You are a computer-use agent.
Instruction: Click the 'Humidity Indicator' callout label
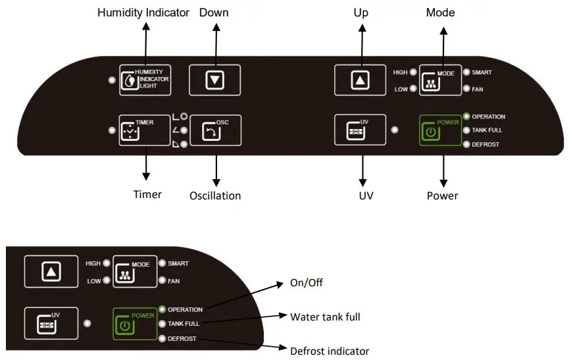pos(143,13)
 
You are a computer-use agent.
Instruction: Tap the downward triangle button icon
pos(215,80)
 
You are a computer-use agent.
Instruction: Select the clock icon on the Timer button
pos(130,131)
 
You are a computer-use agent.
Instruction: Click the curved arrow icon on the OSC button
pos(211,132)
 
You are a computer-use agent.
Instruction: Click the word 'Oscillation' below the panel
pos(215,195)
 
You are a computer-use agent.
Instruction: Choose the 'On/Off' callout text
pos(307,283)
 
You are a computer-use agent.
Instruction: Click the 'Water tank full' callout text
pos(325,317)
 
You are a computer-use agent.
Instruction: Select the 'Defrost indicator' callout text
pos(330,351)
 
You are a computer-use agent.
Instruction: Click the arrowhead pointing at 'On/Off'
pos(280,284)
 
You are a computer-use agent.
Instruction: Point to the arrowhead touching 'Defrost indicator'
pos(283,347)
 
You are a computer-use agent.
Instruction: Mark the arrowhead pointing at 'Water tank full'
pos(283,315)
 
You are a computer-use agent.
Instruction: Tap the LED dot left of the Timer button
pos(112,130)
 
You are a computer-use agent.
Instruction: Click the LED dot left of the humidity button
pos(112,80)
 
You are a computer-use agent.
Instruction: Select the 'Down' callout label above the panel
pos(214,13)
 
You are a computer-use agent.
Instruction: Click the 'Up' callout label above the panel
pos(361,13)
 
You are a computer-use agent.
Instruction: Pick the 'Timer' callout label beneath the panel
pos(147,194)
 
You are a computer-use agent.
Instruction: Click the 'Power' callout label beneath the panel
pos(443,195)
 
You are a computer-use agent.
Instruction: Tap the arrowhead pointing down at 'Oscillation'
pos(216,182)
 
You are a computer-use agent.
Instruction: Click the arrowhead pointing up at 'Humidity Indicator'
pos(146,26)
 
